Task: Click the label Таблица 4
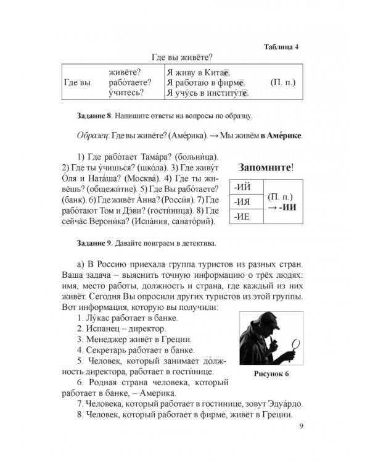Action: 281,47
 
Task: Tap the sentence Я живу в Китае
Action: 199,72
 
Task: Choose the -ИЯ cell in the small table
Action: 243,202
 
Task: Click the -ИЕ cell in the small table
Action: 243,216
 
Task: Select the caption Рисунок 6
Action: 271,375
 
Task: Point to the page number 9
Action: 300,427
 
